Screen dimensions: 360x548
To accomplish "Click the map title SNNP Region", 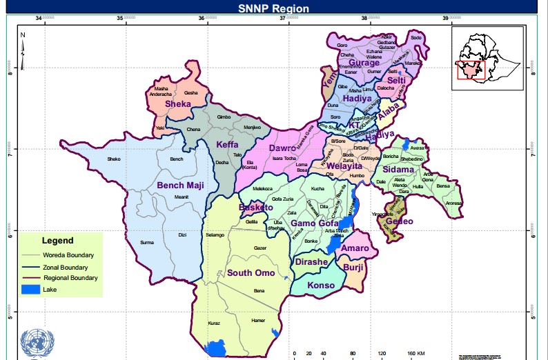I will tap(273, 8).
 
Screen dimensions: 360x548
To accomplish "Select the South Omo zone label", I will tap(251, 273).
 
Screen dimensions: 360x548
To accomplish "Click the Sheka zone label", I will tap(177, 104).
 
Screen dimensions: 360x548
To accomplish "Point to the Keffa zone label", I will tap(227, 145).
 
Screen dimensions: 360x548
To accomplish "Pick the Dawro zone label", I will tap(282, 148).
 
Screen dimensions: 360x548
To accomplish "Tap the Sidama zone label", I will tap(400, 169).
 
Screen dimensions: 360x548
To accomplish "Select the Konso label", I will tap(320, 286).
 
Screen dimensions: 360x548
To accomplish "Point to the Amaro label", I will tap(355, 248).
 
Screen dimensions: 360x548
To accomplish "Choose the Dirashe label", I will tap(311, 263).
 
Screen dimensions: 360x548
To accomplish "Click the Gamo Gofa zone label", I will tap(314, 223).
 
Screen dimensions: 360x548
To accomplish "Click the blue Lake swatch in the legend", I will tap(30, 290).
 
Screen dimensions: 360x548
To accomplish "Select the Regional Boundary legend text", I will tap(70, 278).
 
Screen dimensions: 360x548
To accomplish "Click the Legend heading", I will tap(57, 241).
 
